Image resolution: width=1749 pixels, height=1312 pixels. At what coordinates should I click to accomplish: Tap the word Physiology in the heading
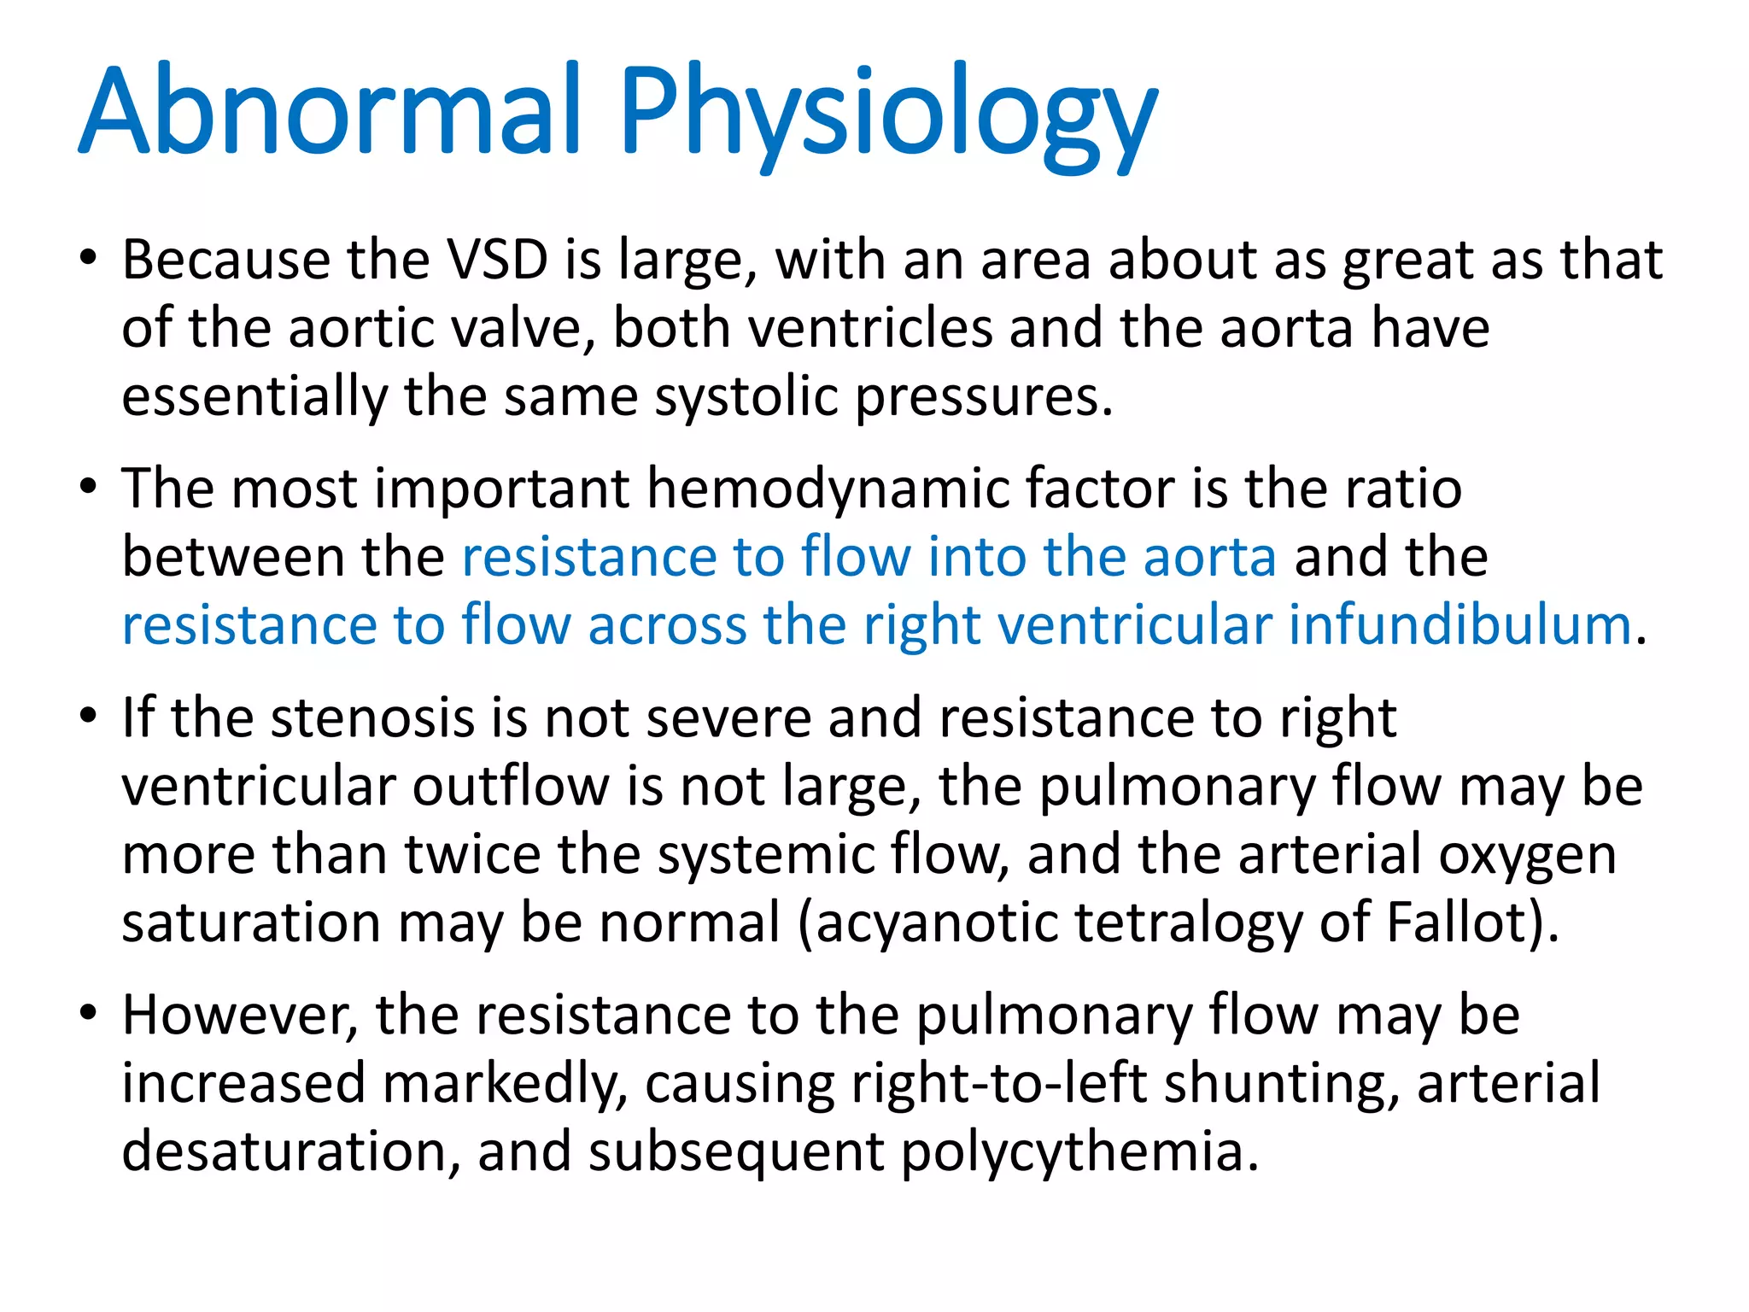[888, 115]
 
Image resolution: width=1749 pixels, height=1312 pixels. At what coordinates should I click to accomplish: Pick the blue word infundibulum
[1460, 625]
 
